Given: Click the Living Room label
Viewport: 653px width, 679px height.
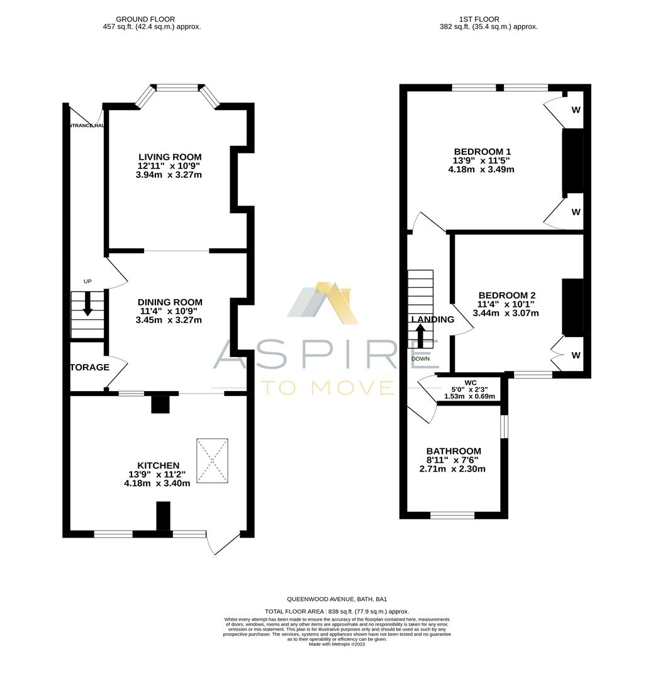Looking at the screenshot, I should point(169,157).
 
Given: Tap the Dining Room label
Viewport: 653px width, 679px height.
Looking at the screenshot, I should point(169,302).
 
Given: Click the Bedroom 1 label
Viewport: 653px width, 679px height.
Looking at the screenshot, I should point(482,152).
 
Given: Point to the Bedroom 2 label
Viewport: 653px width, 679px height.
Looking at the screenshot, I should point(507,295).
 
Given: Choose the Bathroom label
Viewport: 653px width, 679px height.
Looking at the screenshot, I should point(453,451).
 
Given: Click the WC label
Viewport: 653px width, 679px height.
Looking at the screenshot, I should point(470,382).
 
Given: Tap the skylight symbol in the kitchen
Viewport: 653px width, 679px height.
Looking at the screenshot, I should point(212,461).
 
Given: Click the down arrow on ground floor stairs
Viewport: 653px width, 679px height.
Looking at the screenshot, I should point(87,304).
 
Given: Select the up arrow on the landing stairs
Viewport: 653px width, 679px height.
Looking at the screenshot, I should point(420,336).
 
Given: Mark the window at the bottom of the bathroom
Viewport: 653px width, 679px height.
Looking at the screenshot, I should point(452,515).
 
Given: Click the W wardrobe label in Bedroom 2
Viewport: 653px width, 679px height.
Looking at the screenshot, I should point(576,355).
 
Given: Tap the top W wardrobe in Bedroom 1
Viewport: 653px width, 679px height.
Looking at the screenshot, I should point(576,110).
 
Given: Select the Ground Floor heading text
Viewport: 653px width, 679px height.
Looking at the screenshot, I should point(145,19).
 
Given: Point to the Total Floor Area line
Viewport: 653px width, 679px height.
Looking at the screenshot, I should point(337,611).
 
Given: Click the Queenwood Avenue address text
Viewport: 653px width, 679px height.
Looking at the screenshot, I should point(337,599).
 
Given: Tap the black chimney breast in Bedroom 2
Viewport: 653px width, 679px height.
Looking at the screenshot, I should point(572,307).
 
